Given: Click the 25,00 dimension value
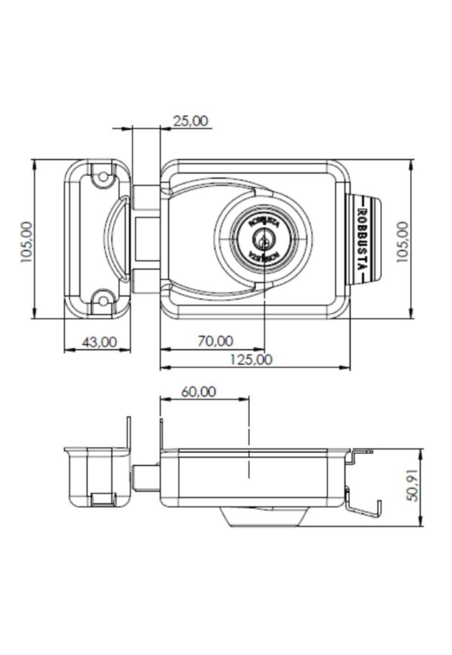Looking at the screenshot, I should pyautogui.click(x=190, y=121).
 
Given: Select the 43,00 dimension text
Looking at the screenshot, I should pyautogui.click(x=99, y=342).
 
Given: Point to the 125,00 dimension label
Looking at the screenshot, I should pyautogui.click(x=251, y=360).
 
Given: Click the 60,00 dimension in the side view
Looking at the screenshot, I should pyautogui.click(x=199, y=392).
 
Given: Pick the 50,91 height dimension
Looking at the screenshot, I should pyautogui.click(x=413, y=486).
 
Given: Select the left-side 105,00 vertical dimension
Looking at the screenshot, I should pyautogui.click(x=26, y=242).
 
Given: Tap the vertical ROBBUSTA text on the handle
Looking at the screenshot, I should pyautogui.click(x=362, y=239).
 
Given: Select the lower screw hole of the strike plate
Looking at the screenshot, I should pyautogui.click(x=104, y=302).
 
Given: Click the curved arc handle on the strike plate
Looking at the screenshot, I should pyautogui.click(x=111, y=239).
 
